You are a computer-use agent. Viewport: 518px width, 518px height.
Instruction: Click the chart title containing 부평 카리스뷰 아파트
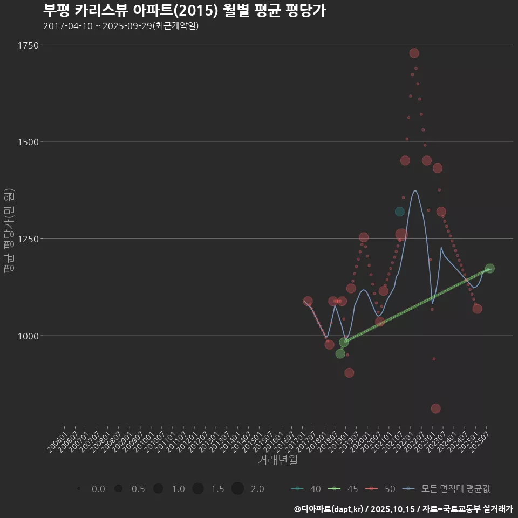[x=184, y=11]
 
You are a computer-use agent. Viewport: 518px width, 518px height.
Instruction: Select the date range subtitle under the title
[x=121, y=26]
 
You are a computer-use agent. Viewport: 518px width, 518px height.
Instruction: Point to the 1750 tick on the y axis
[x=28, y=45]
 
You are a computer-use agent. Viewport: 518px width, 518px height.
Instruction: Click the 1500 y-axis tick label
[x=28, y=142]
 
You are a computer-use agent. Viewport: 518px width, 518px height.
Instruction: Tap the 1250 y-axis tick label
[x=28, y=238]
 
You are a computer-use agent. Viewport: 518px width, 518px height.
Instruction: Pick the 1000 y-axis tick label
[x=28, y=336]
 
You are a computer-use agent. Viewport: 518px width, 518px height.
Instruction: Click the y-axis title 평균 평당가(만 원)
[x=9, y=232]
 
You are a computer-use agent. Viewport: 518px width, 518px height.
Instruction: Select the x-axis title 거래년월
[x=278, y=460]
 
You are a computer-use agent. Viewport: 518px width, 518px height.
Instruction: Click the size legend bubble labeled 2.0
[x=238, y=489]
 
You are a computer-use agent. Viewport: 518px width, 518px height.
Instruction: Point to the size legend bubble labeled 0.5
[x=118, y=489]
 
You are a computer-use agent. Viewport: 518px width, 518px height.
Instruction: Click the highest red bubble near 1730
[x=414, y=53]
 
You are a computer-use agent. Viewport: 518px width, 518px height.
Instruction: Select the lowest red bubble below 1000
[x=435, y=408]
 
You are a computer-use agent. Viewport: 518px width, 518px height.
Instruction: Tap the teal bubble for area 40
[x=399, y=212]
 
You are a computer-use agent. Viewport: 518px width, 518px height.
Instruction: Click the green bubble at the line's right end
[x=489, y=269]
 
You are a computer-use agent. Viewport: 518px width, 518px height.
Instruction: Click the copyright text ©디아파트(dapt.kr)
[x=330, y=509]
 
